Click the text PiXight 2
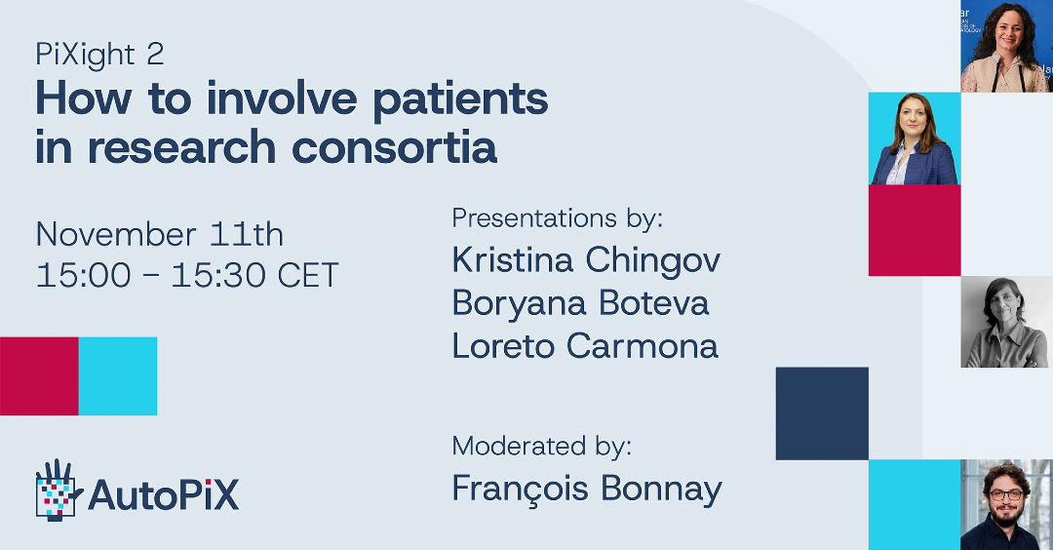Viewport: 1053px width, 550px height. pyautogui.click(x=99, y=55)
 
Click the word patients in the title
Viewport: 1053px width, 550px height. pyautogui.click(x=460, y=100)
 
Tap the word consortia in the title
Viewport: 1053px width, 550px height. pyautogui.click(x=394, y=147)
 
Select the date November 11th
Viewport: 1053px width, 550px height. pyautogui.click(x=160, y=234)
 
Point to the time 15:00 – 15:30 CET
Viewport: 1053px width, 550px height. pyautogui.click(x=187, y=275)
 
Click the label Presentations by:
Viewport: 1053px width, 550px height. pyautogui.click(x=558, y=218)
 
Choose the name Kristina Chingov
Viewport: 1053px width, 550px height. pyautogui.click(x=586, y=260)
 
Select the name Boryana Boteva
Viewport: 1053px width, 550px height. pyautogui.click(x=581, y=303)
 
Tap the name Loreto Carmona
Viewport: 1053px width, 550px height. pyautogui.click(x=586, y=346)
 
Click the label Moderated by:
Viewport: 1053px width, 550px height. pyautogui.click(x=542, y=447)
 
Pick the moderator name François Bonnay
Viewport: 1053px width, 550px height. pyautogui.click(x=588, y=489)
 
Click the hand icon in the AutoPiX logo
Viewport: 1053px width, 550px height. pyautogui.click(x=58, y=491)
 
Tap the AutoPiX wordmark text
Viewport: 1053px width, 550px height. pyautogui.click(x=163, y=495)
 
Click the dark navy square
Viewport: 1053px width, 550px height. pyautogui.click(x=822, y=413)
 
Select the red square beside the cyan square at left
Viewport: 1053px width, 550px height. pyautogui.click(x=39, y=376)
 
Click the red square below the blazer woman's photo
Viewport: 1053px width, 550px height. pyautogui.click(x=915, y=230)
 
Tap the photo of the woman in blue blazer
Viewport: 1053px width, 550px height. pyautogui.click(x=915, y=139)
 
